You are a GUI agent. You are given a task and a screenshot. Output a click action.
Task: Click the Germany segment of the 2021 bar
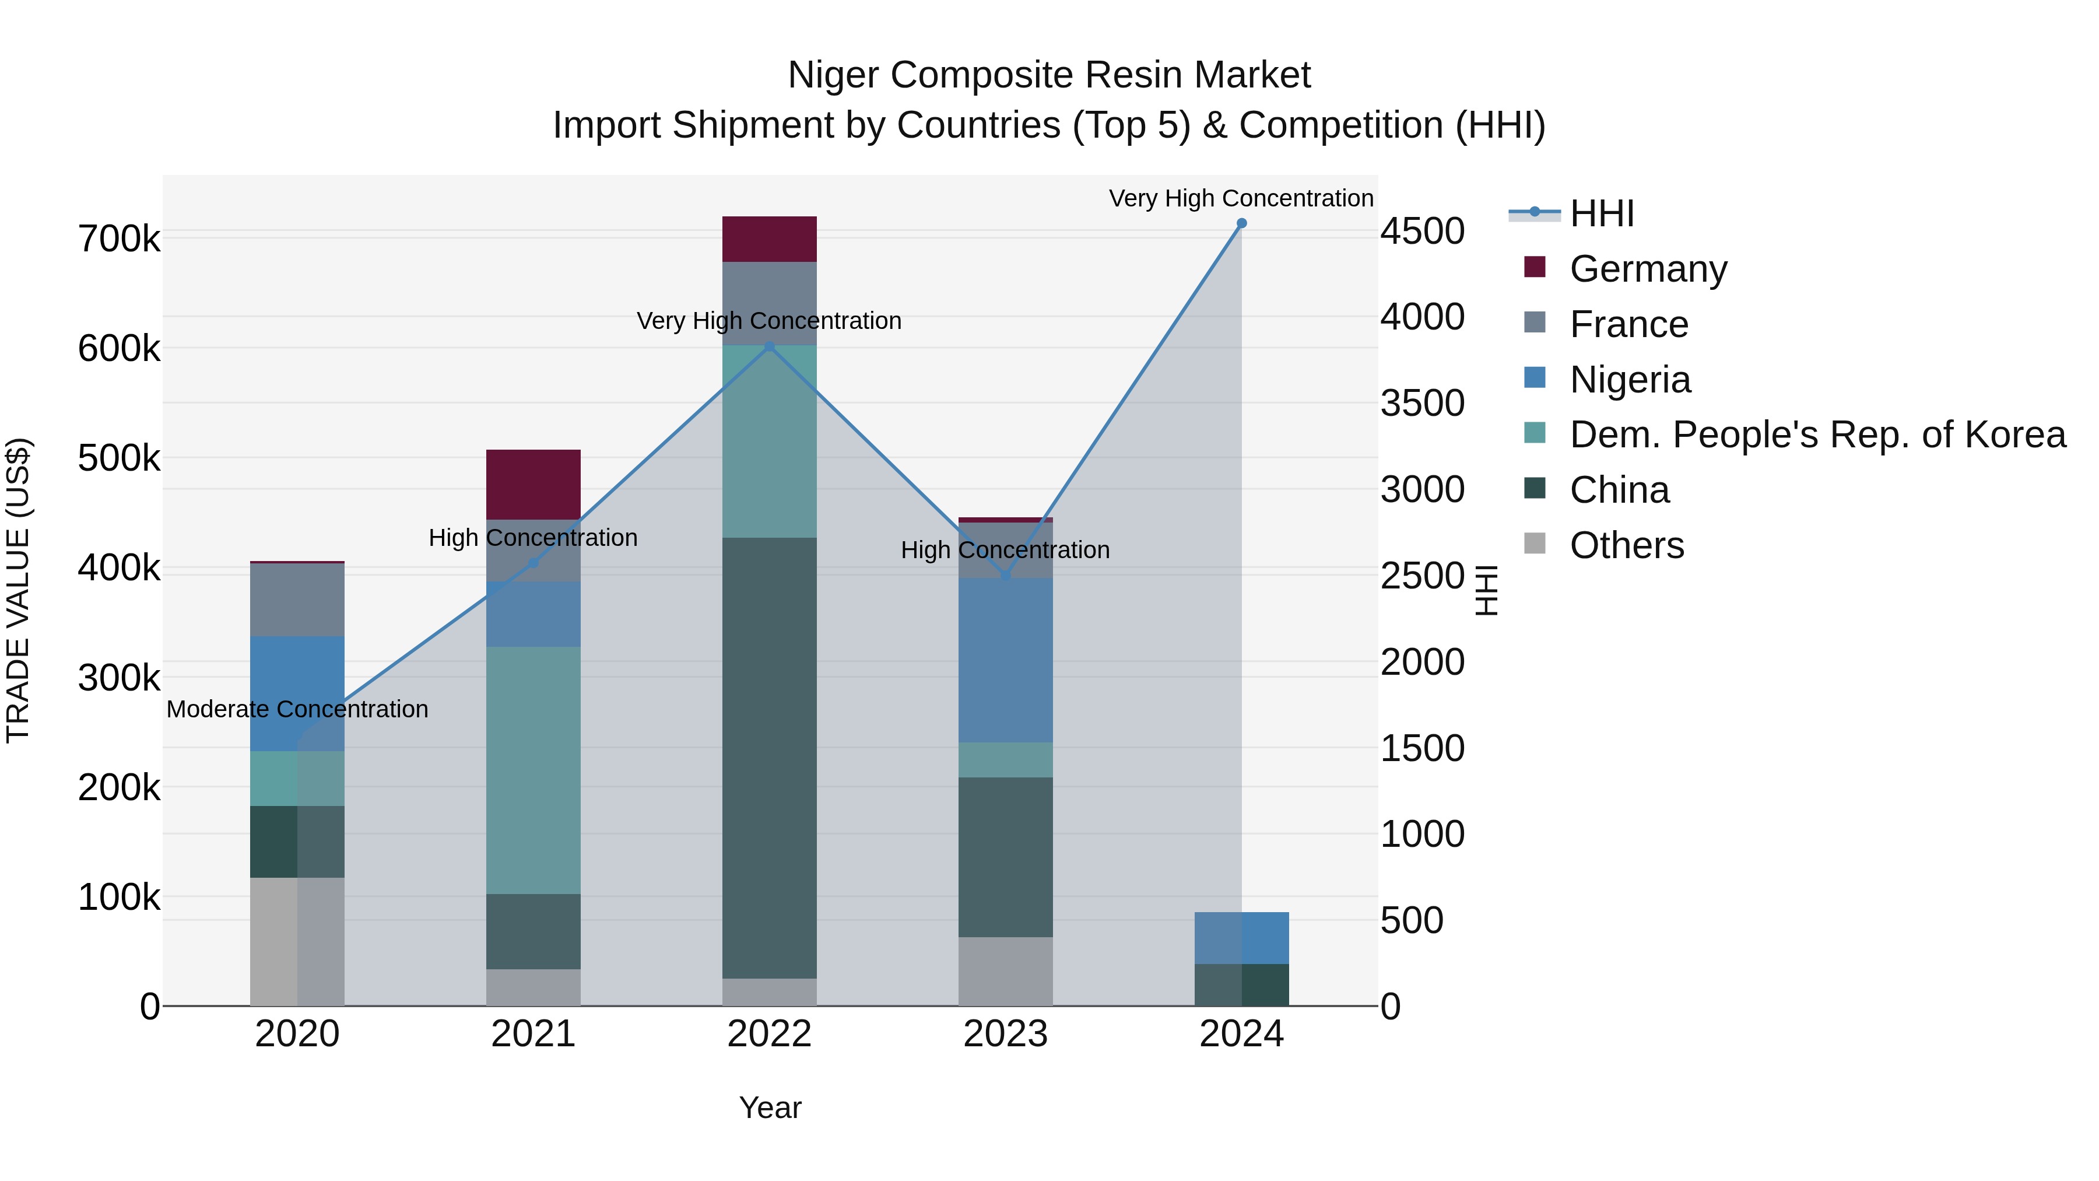pos(533,484)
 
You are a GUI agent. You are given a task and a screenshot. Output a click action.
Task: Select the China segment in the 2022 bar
pos(769,758)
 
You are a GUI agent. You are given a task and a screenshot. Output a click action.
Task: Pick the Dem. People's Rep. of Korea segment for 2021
pos(533,770)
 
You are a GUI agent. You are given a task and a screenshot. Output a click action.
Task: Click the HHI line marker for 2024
pos(1241,223)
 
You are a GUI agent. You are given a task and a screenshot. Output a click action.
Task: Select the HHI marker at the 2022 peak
pos(769,347)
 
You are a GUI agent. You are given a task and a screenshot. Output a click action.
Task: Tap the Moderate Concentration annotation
pos(297,709)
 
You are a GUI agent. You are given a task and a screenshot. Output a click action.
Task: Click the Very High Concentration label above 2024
pos(1240,198)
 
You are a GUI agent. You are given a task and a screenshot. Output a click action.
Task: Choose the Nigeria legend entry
pos(1630,380)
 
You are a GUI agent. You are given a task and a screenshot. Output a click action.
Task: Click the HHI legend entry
pos(1601,213)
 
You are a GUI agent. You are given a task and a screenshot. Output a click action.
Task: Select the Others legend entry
pos(1626,545)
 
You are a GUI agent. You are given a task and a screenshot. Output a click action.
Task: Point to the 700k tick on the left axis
pos(119,240)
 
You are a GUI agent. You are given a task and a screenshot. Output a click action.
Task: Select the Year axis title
pos(769,1108)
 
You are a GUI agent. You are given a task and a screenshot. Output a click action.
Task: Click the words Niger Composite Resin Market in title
pos(1049,75)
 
